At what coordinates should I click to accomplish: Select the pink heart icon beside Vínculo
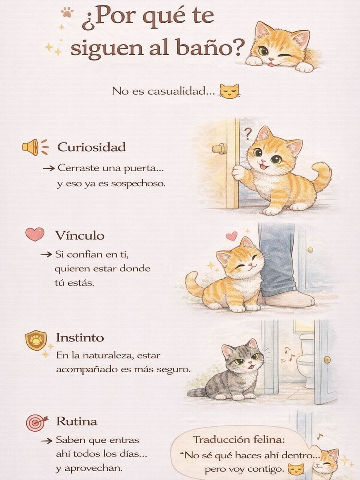35,234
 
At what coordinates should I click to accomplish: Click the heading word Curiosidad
91,147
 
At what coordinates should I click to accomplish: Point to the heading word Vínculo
80,235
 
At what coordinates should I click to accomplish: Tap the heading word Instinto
80,338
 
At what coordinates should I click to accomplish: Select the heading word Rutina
76,422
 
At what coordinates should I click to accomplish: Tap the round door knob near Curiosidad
219,149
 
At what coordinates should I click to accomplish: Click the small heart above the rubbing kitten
231,236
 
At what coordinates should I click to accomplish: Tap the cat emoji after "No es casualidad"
229,91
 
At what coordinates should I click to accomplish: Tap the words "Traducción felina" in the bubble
239,440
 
